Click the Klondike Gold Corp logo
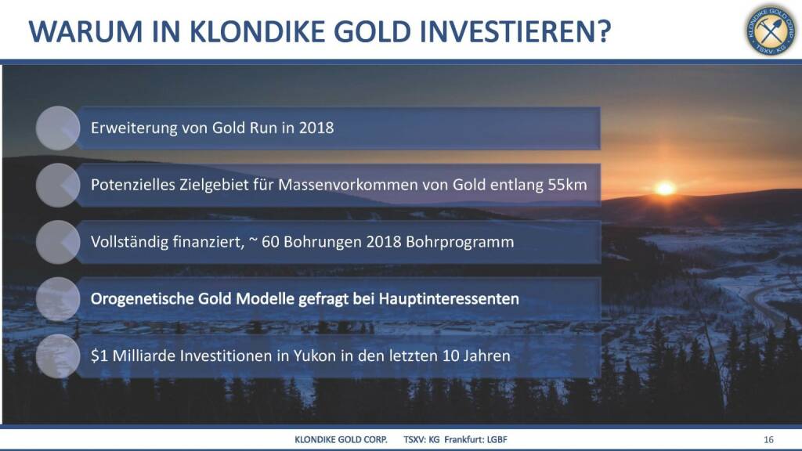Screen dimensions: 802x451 click(x=771, y=31)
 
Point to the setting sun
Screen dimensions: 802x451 click(x=665, y=188)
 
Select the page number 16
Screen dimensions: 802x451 click(x=768, y=439)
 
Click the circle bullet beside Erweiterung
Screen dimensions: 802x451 click(x=58, y=128)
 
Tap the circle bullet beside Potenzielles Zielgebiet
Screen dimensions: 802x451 click(x=58, y=185)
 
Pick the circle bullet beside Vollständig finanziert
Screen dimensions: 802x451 click(x=58, y=242)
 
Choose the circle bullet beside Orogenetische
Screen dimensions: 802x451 click(x=58, y=299)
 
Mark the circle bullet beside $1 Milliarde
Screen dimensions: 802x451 click(x=58, y=356)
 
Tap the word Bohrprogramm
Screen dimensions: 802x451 click(x=460, y=242)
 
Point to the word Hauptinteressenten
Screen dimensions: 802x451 click(x=449, y=298)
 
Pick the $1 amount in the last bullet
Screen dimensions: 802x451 click(x=99, y=355)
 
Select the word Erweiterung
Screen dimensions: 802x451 click(x=134, y=128)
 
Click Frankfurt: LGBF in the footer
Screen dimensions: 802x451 click(x=475, y=439)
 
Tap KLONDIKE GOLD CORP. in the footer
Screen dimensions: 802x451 click(x=341, y=439)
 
